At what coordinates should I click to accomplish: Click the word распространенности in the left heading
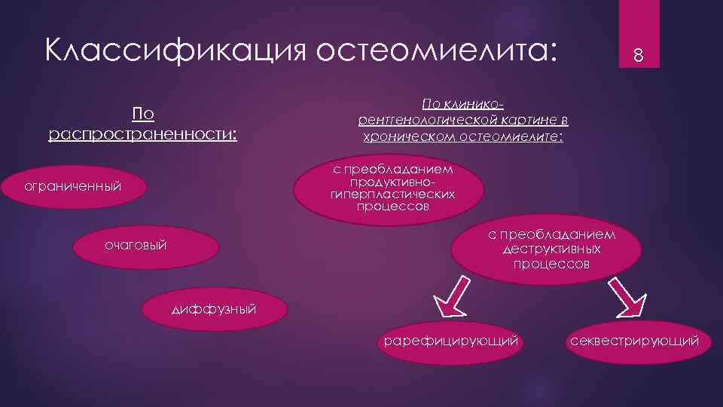point(141,134)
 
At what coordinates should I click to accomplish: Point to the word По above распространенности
point(143,114)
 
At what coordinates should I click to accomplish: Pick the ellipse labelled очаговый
point(136,245)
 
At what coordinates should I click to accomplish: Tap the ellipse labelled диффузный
point(215,308)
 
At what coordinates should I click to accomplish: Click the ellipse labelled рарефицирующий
point(451,341)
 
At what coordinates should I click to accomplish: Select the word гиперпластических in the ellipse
point(392,194)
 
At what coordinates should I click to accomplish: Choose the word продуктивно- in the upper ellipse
point(392,183)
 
